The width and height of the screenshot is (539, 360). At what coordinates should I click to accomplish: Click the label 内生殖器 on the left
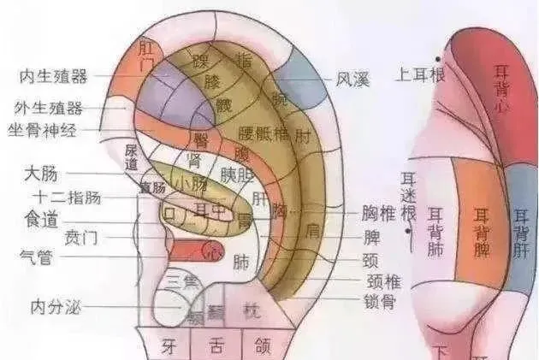(53, 78)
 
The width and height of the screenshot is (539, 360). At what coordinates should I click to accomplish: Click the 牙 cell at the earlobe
(169, 345)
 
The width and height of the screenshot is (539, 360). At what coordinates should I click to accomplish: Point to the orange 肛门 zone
(145, 55)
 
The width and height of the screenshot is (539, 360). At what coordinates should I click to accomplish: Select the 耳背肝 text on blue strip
(521, 231)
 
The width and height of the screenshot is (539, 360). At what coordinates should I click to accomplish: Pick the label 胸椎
(378, 212)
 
